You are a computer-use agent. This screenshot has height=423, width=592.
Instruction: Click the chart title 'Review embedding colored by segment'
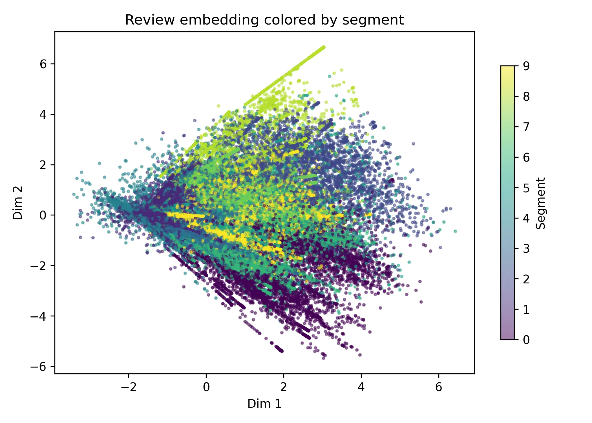pyautogui.click(x=264, y=20)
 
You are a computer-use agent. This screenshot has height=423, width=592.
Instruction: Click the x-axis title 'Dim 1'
pyautogui.click(x=264, y=404)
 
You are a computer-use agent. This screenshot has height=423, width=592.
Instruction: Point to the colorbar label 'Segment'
pyautogui.click(x=540, y=203)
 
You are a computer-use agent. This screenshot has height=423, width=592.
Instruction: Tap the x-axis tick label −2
pyautogui.click(x=129, y=387)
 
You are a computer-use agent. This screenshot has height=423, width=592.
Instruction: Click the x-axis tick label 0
pyautogui.click(x=206, y=387)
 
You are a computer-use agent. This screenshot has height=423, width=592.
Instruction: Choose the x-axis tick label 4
pyautogui.click(x=361, y=387)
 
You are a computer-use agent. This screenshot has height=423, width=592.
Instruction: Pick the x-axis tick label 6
pyautogui.click(x=439, y=387)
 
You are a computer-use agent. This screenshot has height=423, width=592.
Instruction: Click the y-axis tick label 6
pyautogui.click(x=43, y=64)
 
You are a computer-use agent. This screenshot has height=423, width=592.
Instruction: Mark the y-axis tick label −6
pyautogui.click(x=39, y=367)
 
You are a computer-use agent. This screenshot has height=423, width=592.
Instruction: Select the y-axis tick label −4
pyautogui.click(x=39, y=316)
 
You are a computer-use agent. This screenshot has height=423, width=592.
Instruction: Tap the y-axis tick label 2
pyautogui.click(x=43, y=165)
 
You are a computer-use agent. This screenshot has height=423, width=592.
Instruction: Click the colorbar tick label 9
pyautogui.click(x=526, y=66)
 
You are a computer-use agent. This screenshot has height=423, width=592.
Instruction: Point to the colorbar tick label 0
pyautogui.click(x=526, y=340)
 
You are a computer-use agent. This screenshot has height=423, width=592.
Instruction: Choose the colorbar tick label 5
pyautogui.click(x=526, y=188)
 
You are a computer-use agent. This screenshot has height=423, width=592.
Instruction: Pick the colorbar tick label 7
pyautogui.click(x=526, y=127)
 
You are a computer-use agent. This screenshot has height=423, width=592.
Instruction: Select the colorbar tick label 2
pyautogui.click(x=526, y=279)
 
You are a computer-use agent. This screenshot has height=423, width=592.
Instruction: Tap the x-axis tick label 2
pyautogui.click(x=284, y=387)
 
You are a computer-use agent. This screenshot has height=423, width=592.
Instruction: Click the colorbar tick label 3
pyautogui.click(x=526, y=248)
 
